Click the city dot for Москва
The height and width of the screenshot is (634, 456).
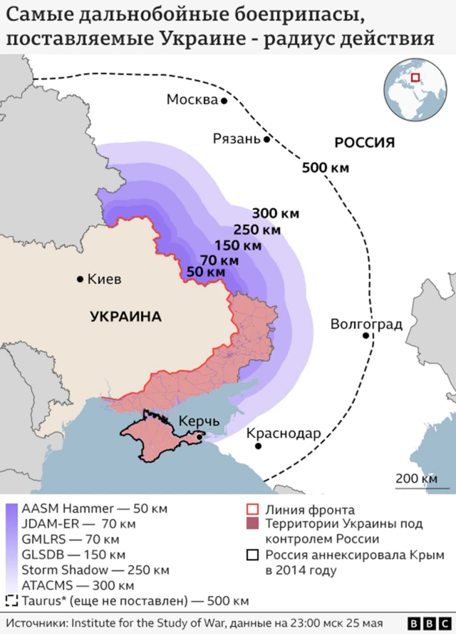(x=224, y=101)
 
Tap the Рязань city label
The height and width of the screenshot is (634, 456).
(x=237, y=139)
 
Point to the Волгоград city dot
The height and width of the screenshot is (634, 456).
(x=366, y=335)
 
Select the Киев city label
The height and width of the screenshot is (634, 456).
(x=104, y=279)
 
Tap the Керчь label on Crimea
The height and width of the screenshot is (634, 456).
(x=199, y=421)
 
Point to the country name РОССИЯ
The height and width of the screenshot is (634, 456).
(x=364, y=143)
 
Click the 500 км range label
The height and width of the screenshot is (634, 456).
(x=326, y=168)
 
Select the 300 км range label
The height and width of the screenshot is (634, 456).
(x=275, y=213)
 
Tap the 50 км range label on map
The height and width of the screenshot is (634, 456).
(x=206, y=272)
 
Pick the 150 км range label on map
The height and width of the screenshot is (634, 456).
(x=238, y=245)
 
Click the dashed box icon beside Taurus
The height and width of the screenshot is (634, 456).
(x=11, y=600)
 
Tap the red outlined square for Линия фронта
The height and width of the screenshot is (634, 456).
(x=250, y=509)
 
